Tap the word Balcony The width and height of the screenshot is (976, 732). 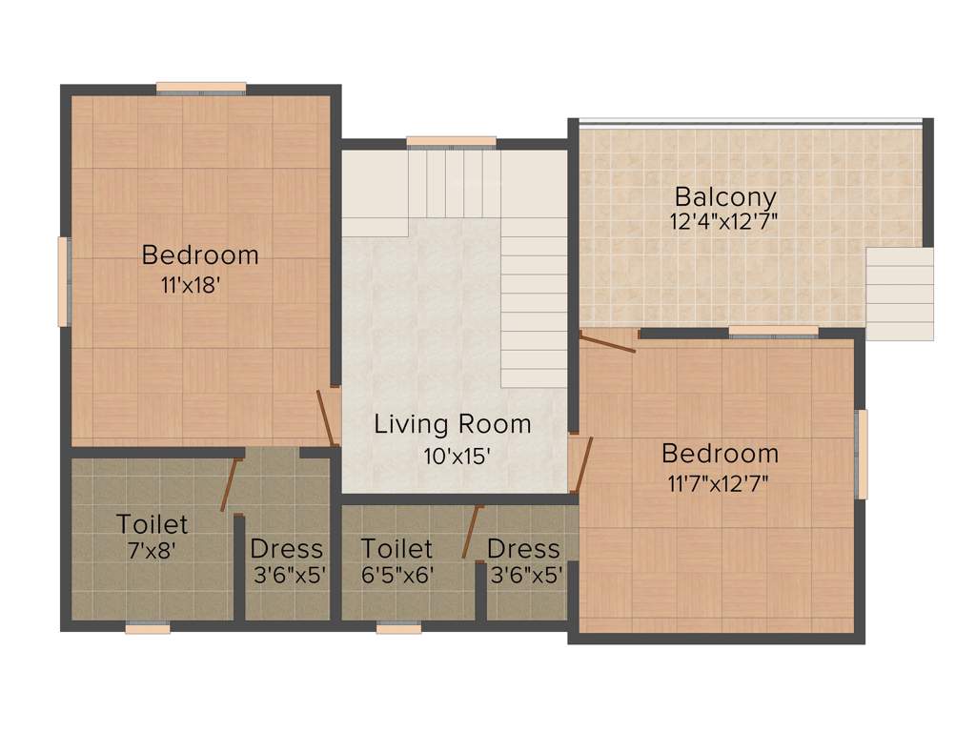725,198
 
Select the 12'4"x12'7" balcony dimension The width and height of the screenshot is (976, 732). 725,222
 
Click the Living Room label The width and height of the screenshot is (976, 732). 452,424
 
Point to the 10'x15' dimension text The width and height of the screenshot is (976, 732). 457,456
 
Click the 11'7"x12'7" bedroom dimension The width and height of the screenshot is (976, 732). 719,482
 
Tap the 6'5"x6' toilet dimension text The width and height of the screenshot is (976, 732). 396,575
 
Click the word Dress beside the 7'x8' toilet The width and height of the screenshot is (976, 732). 286,550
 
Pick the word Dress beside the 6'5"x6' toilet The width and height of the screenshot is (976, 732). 523,550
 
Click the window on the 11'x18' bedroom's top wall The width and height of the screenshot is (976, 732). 201,89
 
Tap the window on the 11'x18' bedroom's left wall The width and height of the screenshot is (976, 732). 64,281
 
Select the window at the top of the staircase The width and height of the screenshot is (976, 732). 451,142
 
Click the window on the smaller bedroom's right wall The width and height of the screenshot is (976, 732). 863,454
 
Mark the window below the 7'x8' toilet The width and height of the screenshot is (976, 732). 148,627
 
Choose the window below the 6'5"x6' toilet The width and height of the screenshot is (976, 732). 398,627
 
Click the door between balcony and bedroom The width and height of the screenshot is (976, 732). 608,341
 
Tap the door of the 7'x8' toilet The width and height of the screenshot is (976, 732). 229,484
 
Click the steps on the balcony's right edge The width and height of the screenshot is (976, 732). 899,294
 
